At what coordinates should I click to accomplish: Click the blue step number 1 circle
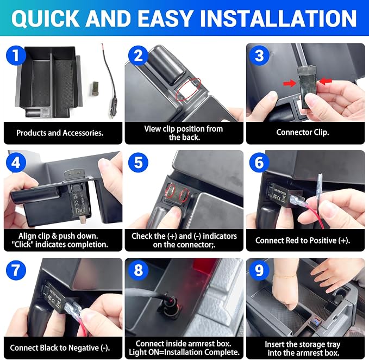click(16, 55)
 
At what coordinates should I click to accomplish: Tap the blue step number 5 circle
click(138, 163)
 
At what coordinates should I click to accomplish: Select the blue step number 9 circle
click(259, 270)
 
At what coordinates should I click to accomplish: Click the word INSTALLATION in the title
click(279, 18)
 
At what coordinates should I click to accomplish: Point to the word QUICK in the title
click(45, 18)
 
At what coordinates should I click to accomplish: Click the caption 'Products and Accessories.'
click(60, 133)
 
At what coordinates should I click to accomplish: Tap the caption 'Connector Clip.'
click(303, 132)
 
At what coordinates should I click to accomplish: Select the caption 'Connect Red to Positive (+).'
click(303, 240)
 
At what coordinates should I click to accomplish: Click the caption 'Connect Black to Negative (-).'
click(60, 347)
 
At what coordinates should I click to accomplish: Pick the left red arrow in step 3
click(290, 83)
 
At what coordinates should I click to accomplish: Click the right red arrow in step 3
click(325, 82)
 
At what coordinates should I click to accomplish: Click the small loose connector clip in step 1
click(95, 89)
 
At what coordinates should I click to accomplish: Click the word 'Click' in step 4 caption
click(22, 244)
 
